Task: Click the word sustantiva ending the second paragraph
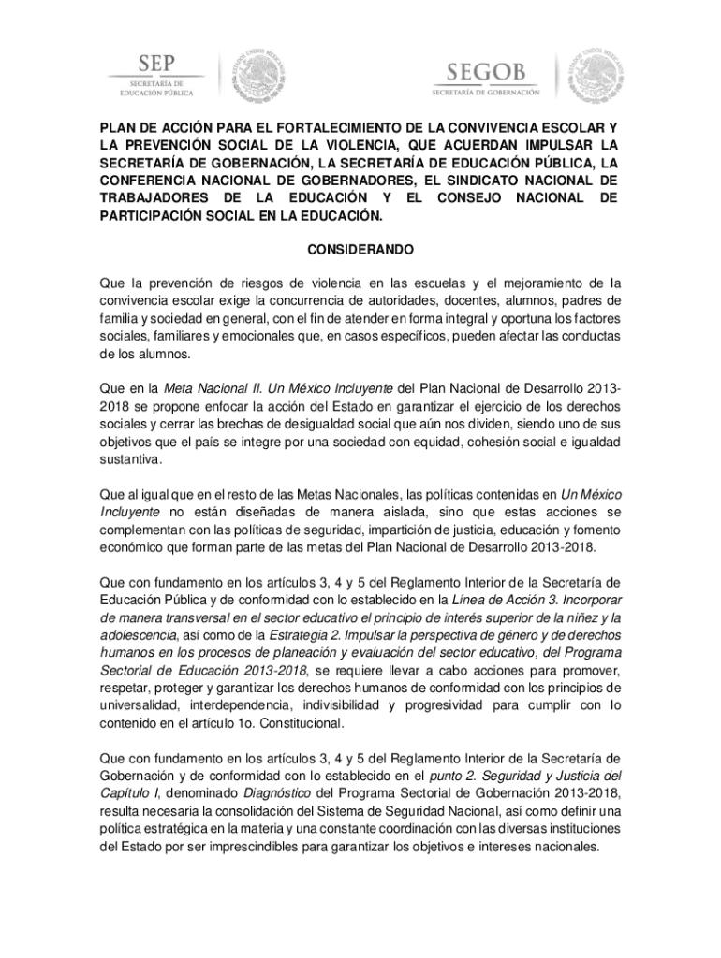point(131,460)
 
